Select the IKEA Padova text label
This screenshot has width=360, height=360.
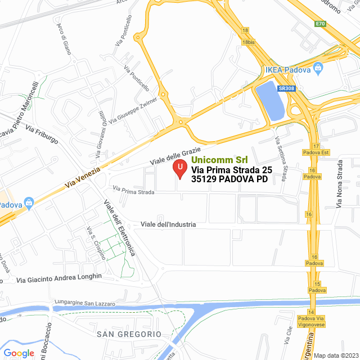pyautogui.click(x=288, y=70)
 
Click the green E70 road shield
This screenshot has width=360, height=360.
pyautogui.click(x=321, y=24)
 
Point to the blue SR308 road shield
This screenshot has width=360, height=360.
pyautogui.click(x=286, y=88)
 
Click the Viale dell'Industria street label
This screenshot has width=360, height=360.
pyautogui.click(x=168, y=224)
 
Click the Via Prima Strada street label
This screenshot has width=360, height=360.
pyautogui.click(x=133, y=191)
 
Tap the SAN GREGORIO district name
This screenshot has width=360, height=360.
pyautogui.click(x=129, y=334)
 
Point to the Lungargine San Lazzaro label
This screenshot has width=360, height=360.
pyautogui.click(x=84, y=304)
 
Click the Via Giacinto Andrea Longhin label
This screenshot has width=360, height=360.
pyautogui.click(x=59, y=278)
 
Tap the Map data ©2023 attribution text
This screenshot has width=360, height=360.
pyautogui.click(x=335, y=355)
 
